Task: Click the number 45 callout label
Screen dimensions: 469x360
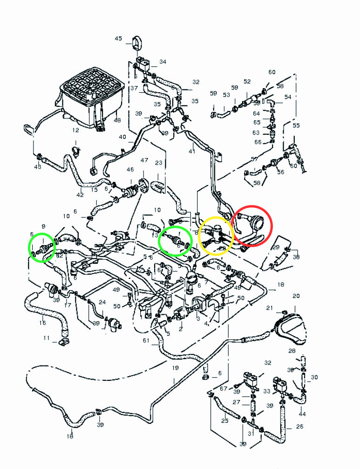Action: pos(118,39)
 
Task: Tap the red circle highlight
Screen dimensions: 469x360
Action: pos(252,225)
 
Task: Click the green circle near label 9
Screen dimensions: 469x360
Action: pos(42,248)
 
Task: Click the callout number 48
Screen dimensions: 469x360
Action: pos(117,120)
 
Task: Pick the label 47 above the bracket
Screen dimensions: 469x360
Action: pos(144,160)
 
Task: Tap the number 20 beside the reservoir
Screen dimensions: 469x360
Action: pos(296,296)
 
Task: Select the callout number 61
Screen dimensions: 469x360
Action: pos(146,341)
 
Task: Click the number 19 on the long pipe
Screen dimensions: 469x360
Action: pos(175,368)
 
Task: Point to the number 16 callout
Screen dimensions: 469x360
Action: pos(43,322)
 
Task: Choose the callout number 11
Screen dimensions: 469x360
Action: pos(47,338)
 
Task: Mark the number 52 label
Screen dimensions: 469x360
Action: pos(247,82)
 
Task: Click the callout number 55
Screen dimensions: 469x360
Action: pos(296,126)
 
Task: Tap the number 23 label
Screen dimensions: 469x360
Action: pos(158,163)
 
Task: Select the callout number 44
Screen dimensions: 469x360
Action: pos(303,414)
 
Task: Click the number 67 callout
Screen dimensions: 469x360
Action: pos(224,388)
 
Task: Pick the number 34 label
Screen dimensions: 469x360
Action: pos(163,62)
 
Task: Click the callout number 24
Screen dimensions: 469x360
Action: pos(102,302)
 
